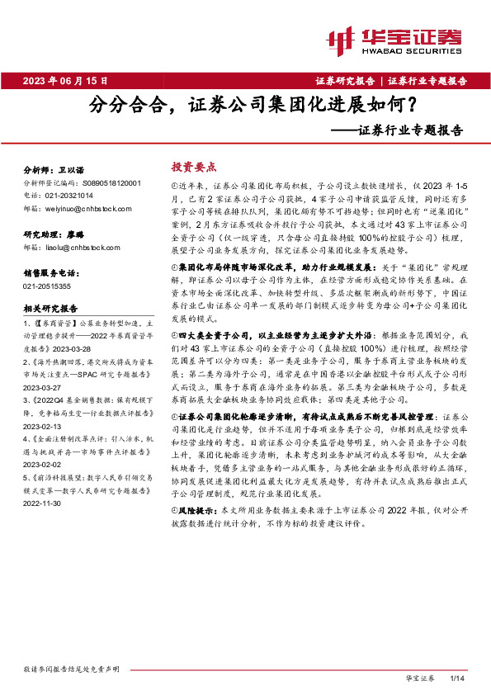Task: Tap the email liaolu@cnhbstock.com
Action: (x=74, y=246)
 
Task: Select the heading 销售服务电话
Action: (x=52, y=272)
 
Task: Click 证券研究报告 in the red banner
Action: (x=345, y=80)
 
